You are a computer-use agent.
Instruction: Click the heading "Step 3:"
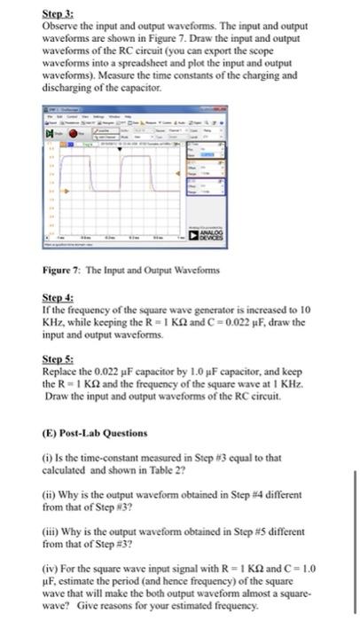click(x=59, y=15)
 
